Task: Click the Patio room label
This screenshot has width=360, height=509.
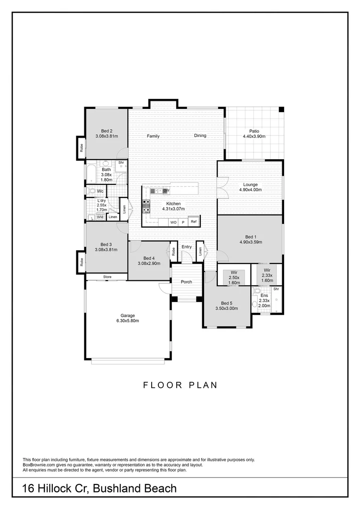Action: point(254,131)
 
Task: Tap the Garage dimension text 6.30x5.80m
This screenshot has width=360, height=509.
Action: point(127,321)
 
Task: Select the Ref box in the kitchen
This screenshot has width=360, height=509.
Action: point(193,221)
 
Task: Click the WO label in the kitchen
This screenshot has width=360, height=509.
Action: point(173,222)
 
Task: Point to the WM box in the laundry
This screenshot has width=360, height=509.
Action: point(100,217)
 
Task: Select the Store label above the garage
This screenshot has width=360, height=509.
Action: point(107,277)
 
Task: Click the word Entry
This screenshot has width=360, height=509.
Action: point(187,247)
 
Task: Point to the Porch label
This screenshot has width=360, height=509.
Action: point(187,282)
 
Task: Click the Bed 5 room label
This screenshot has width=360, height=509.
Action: point(227,303)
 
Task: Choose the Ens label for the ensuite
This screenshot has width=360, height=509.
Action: point(264,296)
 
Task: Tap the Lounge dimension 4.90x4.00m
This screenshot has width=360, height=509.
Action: point(250,190)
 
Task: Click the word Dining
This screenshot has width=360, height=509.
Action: point(200,136)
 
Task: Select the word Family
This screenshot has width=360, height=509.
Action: point(153,136)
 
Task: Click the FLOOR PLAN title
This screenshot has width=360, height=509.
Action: point(180,385)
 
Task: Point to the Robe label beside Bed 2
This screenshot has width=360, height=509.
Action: point(82,148)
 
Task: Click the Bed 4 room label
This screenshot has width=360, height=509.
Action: point(149,258)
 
